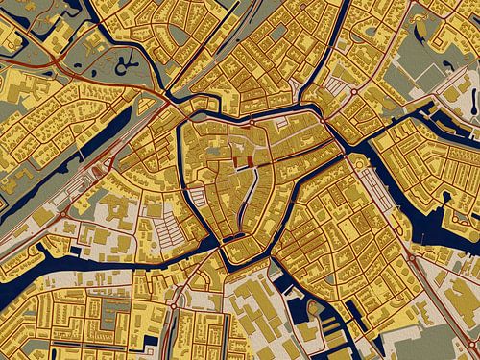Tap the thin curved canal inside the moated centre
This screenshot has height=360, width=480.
[252, 191]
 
